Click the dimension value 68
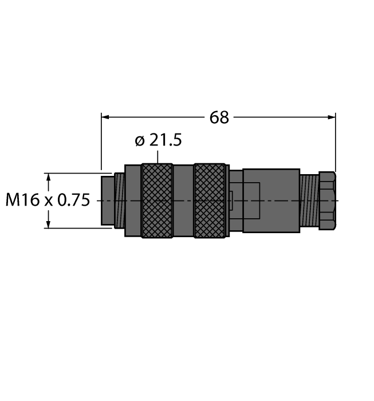click(x=219, y=117)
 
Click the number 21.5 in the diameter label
click(x=166, y=141)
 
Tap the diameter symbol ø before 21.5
click(x=140, y=141)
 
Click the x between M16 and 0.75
click(x=48, y=201)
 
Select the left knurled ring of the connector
click(x=157, y=200)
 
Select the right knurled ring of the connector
click(x=210, y=200)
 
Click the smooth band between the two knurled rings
click(x=183, y=200)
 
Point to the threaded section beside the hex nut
click(x=310, y=200)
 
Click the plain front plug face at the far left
click(x=107, y=200)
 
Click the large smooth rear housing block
click(x=271, y=200)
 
